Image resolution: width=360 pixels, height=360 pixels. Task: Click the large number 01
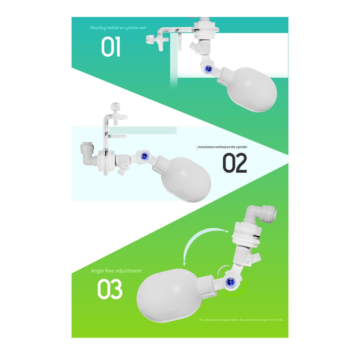pos(111,47)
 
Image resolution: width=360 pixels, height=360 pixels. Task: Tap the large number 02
pos(235,163)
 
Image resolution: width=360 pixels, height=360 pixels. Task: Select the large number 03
pos(110,290)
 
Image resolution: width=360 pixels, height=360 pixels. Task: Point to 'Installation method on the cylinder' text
pos(223,147)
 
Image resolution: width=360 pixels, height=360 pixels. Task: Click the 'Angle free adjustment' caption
pos(116,271)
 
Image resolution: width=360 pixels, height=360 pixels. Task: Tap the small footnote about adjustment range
pos(241,319)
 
